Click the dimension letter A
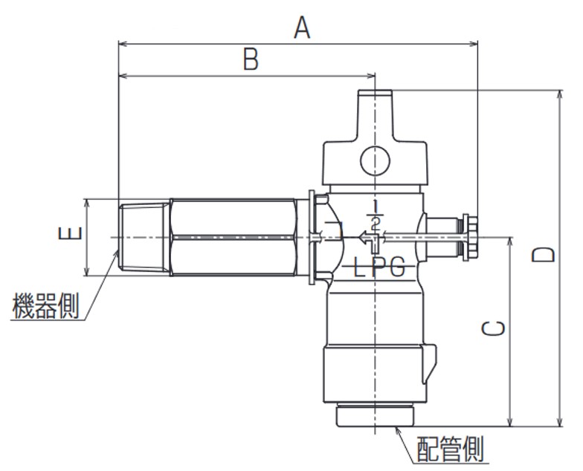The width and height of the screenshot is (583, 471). [x=301, y=27]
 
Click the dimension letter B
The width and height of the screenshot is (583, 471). [x=251, y=59]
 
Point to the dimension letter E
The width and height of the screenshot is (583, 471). [x=68, y=236]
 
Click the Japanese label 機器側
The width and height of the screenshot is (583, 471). [x=45, y=306]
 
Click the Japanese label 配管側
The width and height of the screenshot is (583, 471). [x=450, y=449]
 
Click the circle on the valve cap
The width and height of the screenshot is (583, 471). [x=374, y=160]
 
